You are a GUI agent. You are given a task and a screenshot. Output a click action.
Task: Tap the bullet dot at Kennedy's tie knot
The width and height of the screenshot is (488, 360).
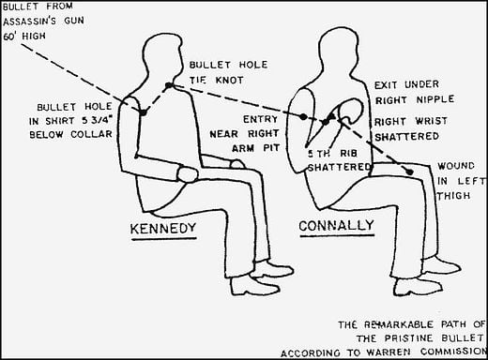pyautogui.click(x=169, y=85)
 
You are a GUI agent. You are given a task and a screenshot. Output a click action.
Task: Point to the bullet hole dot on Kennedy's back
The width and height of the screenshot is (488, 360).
pyautogui.click(x=142, y=112)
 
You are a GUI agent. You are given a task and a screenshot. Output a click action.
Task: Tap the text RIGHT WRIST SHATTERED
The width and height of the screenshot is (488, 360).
pyautogui.click(x=413, y=130)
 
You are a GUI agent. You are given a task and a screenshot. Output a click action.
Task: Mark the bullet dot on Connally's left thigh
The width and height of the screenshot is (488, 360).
pyautogui.click(x=408, y=172)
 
